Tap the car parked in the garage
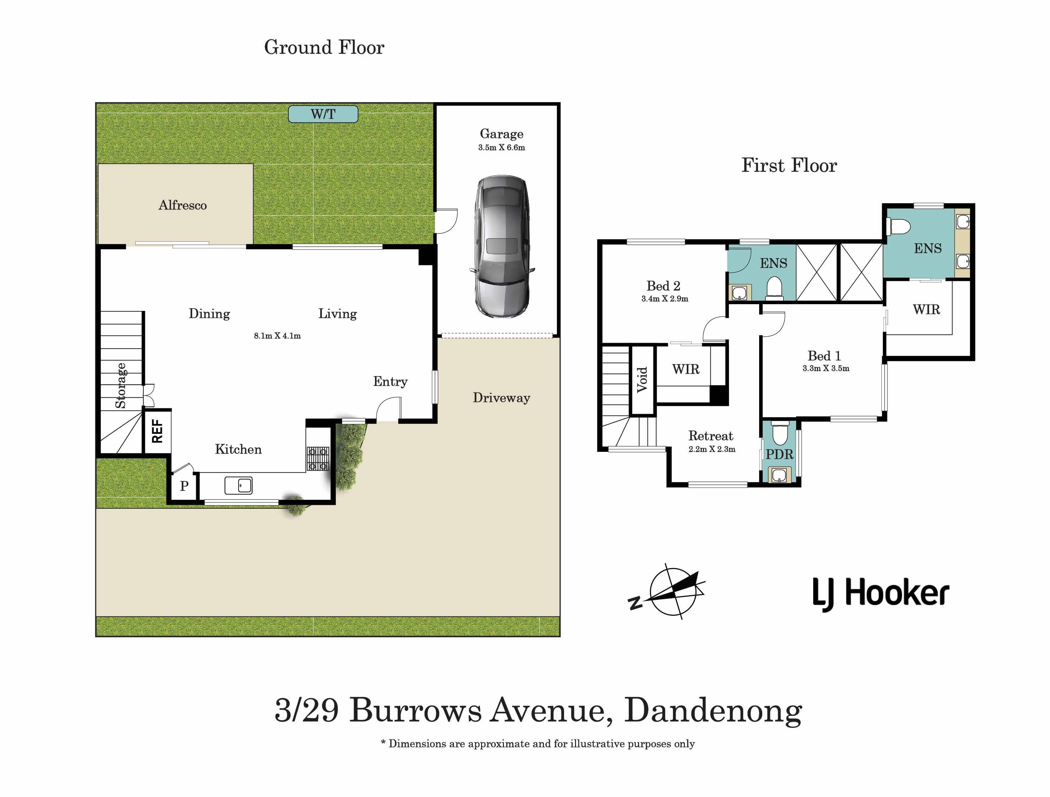502,246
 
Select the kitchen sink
238,486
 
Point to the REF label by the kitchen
157,431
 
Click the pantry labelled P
184,486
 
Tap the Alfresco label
183,205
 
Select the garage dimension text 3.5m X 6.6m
502,148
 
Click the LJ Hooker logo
881,594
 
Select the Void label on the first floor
642,379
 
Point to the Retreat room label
711,436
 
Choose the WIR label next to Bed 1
926,310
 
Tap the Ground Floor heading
324,47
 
